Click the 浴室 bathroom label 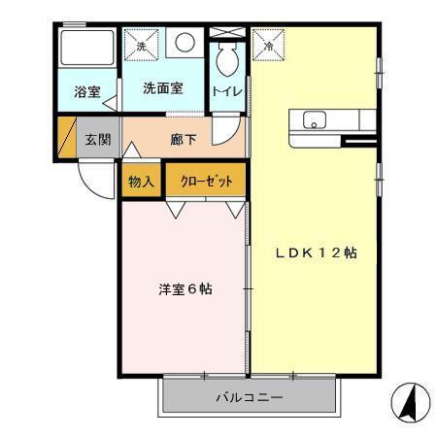[87, 93]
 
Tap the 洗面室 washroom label [162, 88]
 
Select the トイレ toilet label [227, 91]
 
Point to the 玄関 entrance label [96, 139]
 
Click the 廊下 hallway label [184, 139]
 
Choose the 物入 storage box [141, 180]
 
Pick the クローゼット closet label [204, 180]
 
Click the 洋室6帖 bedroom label [185, 288]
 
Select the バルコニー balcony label [249, 398]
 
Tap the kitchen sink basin [315, 121]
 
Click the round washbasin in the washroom [185, 44]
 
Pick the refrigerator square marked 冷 [267, 43]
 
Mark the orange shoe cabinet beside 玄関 [66, 138]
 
